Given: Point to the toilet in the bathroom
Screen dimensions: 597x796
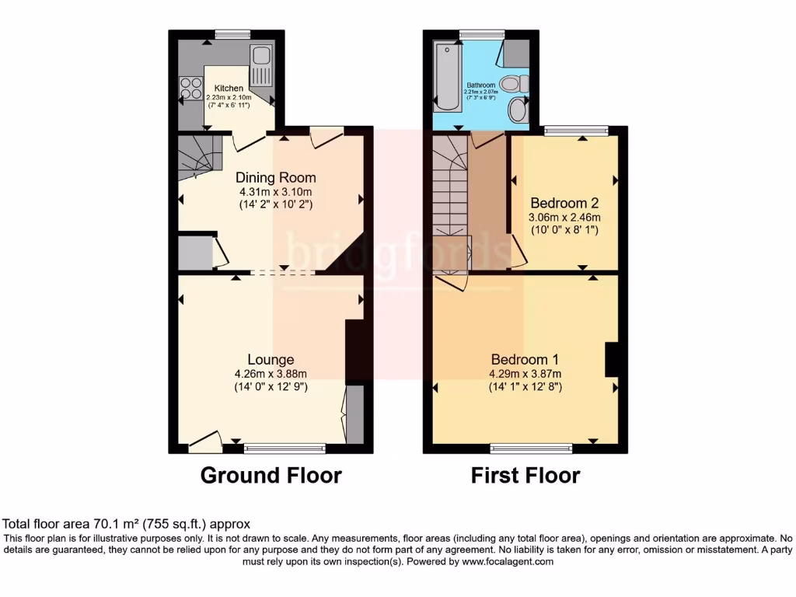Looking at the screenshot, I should [x=514, y=83].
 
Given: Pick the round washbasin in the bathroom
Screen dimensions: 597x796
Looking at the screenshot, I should [x=516, y=110].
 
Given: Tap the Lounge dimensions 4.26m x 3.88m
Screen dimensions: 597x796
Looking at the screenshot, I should [x=271, y=373].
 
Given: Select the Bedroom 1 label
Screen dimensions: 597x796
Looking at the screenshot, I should [x=525, y=360].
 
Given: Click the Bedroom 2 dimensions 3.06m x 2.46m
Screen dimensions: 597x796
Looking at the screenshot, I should [x=564, y=218].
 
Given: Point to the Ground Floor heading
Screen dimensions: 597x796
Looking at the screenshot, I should [x=271, y=475].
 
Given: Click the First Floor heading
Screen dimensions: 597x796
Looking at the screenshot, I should [x=525, y=475].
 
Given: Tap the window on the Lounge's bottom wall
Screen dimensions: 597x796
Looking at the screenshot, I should [x=285, y=448].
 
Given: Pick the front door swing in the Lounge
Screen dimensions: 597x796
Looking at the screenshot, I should [x=204, y=442].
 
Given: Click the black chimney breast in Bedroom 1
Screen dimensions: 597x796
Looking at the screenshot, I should [x=611, y=360].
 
